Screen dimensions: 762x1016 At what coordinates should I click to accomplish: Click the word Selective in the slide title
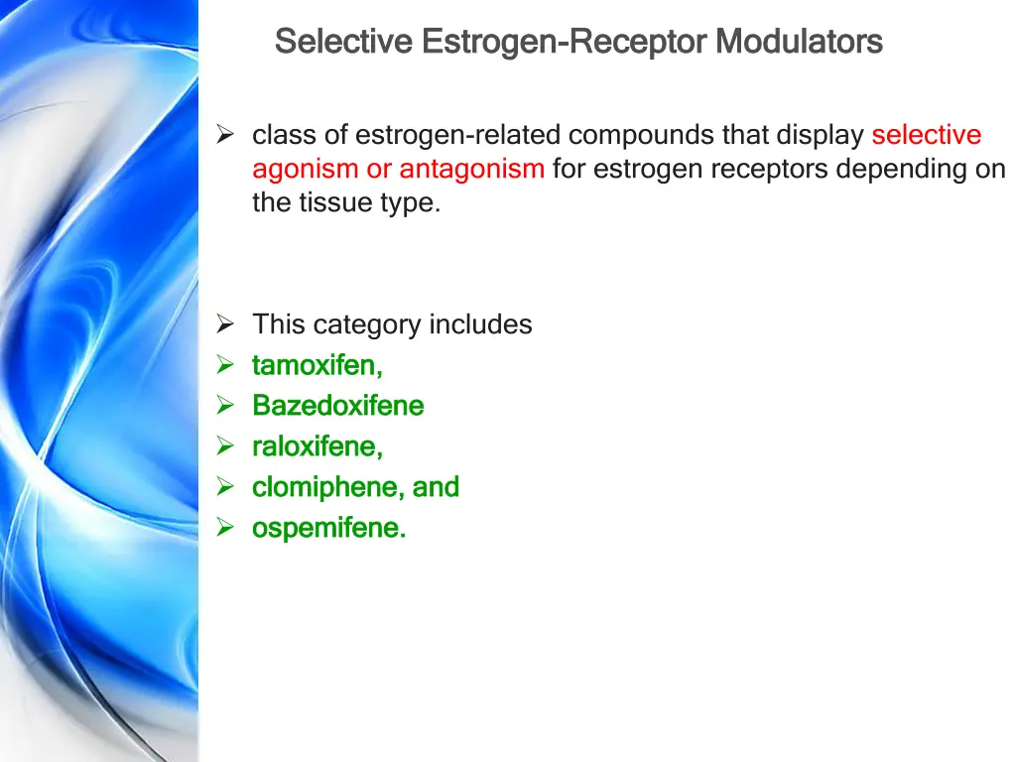click(x=342, y=42)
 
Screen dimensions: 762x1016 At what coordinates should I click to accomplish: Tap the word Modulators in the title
click(x=799, y=42)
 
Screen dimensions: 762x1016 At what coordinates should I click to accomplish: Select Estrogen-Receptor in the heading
click(x=564, y=42)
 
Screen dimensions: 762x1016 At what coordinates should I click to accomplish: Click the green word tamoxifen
click(x=317, y=365)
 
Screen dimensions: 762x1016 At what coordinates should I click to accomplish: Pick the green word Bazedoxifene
click(x=337, y=406)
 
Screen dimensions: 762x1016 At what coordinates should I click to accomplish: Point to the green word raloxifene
click(x=317, y=446)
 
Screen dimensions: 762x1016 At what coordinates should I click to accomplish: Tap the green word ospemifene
click(x=328, y=528)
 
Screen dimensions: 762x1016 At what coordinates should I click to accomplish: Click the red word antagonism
click(x=471, y=169)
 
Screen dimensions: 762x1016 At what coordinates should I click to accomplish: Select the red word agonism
click(x=306, y=169)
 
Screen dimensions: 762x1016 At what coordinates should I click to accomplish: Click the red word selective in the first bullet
click(x=926, y=134)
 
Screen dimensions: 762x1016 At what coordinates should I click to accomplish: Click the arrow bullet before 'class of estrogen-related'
click(x=225, y=134)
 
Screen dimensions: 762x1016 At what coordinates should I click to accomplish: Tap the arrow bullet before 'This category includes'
click(x=225, y=324)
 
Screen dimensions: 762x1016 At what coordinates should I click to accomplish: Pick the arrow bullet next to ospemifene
click(x=225, y=528)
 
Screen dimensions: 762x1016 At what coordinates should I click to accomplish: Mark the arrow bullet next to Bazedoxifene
click(x=225, y=406)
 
